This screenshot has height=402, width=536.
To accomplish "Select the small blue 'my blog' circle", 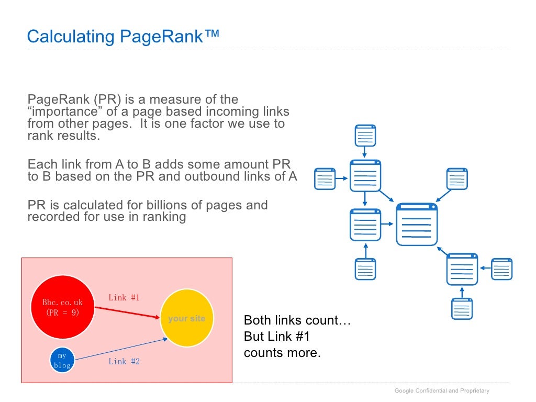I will (62, 361).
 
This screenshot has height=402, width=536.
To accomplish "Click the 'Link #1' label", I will (124, 298).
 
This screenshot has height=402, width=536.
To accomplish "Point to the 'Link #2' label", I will (124, 361).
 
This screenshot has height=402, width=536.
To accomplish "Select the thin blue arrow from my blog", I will (120, 350).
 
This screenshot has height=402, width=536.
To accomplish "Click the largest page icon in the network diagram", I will (417, 225).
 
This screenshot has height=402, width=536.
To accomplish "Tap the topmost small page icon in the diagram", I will (365, 136).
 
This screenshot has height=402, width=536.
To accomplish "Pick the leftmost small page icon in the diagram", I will (325, 179).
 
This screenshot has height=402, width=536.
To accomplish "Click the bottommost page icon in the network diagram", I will (462, 308).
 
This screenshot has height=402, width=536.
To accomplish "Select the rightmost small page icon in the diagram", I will (502, 269).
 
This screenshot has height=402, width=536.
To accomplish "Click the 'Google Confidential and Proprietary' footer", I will (442, 390).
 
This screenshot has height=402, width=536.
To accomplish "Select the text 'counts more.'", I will (282, 353).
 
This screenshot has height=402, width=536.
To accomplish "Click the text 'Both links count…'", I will (297, 320).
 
